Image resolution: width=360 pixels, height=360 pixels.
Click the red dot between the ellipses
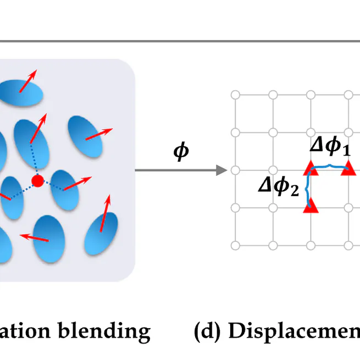37,181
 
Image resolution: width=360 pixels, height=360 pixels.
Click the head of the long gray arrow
223,170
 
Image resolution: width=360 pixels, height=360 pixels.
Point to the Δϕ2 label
279,187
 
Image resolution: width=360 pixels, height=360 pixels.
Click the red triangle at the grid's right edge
347,169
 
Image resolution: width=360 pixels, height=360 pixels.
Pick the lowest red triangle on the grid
311,206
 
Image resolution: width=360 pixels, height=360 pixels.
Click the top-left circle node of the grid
235,95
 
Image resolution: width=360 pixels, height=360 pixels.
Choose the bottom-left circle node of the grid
235,245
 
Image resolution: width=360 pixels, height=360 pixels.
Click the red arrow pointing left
34,237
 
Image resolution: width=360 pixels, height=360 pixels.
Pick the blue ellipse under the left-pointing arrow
49,240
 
